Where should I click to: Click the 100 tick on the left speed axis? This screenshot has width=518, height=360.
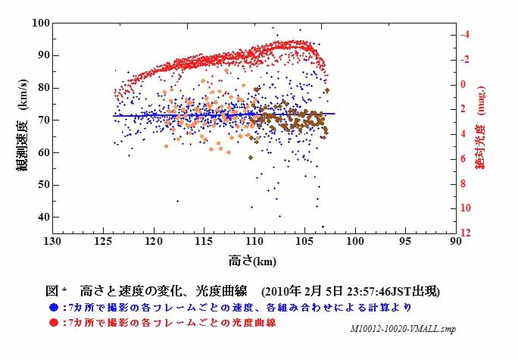[40, 23]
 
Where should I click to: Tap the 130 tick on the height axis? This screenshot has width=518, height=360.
[52, 241]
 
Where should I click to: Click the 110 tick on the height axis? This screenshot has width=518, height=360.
[254, 241]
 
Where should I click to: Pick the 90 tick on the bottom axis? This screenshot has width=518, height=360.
[455, 241]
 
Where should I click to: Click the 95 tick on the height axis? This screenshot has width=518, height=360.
[404, 241]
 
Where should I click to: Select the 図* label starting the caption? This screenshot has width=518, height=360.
[57, 291]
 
